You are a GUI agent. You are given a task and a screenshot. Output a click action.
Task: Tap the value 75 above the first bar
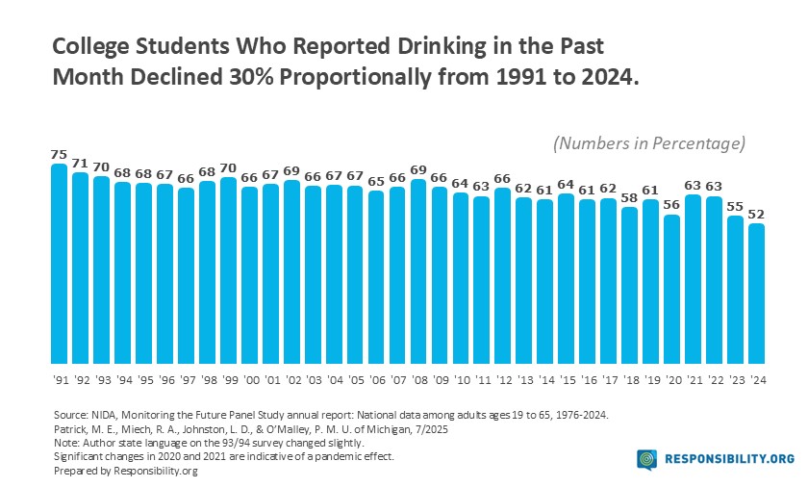point(60,153)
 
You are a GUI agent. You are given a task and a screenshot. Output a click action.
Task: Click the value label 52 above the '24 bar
point(757,213)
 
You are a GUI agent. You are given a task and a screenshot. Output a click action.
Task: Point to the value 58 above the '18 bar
point(630,197)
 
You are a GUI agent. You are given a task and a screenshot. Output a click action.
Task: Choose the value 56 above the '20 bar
point(672,204)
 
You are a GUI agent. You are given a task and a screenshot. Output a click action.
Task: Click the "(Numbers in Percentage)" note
point(649,143)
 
